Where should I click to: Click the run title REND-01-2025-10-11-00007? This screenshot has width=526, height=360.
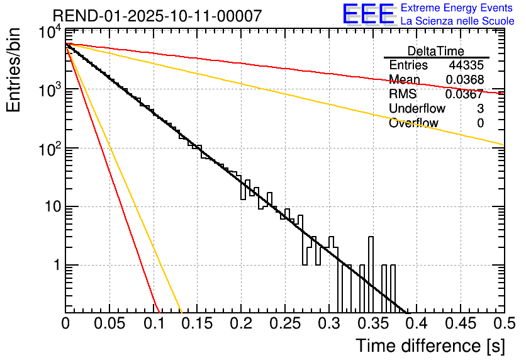click(157, 16)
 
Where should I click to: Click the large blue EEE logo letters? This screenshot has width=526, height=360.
click(368, 15)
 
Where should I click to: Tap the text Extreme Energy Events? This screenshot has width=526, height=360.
click(456, 8)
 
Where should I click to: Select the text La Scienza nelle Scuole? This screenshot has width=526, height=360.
click(457, 21)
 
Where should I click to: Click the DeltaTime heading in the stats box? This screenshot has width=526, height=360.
click(436, 51)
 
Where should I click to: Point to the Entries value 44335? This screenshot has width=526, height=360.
click(466, 65)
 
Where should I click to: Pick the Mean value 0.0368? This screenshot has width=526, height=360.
click(464, 80)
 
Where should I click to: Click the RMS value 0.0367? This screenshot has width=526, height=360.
click(464, 94)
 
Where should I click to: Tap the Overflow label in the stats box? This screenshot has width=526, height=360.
click(413, 123)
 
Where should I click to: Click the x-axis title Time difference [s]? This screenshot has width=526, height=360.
click(429, 346)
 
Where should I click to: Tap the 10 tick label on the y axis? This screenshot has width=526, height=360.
click(49, 207)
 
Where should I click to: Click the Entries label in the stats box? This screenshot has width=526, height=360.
click(408, 65)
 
